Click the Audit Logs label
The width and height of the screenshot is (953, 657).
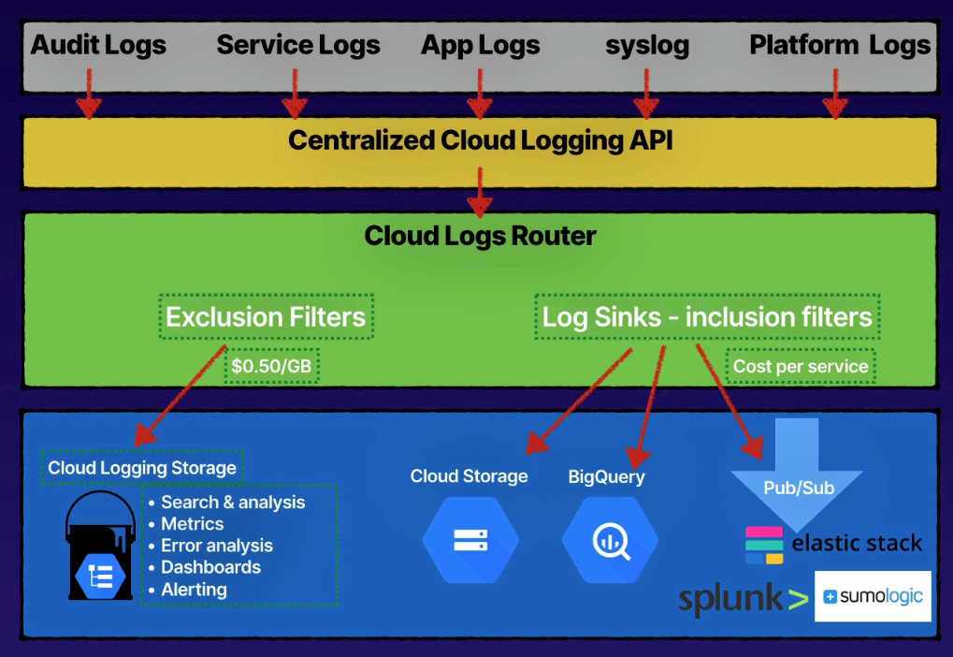[98, 44]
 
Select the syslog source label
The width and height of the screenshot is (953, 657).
[647, 45]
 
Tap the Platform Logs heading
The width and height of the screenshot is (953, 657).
[840, 44]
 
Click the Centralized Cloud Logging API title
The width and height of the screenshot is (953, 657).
[480, 140]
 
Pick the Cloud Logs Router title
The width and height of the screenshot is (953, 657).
[480, 235]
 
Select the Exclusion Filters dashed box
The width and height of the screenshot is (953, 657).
[266, 316]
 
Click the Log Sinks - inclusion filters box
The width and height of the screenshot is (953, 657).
[707, 316]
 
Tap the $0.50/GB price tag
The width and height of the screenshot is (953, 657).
[271, 366]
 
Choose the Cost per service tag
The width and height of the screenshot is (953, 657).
[801, 366]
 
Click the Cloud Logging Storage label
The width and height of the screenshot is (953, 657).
[142, 468]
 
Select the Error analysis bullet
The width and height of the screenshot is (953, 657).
[217, 546]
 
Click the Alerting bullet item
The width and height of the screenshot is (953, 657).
[194, 590]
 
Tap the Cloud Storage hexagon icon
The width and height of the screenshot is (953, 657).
[469, 540]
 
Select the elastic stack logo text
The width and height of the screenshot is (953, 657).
[856, 544]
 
